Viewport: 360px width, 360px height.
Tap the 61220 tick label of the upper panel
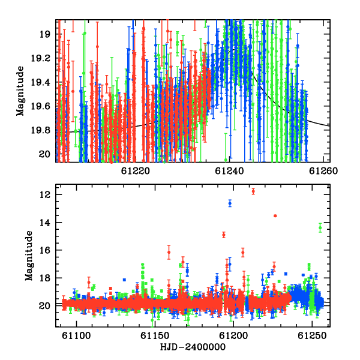(136, 171)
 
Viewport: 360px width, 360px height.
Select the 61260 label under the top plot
(323, 171)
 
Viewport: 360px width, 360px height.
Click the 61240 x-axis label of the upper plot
(229, 171)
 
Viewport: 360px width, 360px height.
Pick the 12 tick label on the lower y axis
(44, 194)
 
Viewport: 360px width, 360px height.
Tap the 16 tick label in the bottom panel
(44, 250)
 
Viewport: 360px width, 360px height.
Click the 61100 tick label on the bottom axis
(76, 336)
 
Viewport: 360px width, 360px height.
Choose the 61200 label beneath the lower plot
(233, 336)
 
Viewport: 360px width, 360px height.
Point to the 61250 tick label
(312, 336)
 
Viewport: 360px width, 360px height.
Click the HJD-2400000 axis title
(193, 347)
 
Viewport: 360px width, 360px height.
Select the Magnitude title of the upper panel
(20, 91)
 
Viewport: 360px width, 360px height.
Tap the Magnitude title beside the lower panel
(29, 256)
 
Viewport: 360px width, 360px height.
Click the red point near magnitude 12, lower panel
(253, 191)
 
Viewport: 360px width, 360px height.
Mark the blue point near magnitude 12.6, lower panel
(230, 203)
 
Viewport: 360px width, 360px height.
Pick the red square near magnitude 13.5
(275, 216)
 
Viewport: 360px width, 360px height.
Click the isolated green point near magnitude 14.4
(320, 228)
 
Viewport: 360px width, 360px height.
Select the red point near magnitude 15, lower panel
(224, 235)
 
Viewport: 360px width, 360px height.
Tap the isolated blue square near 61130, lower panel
(124, 280)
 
